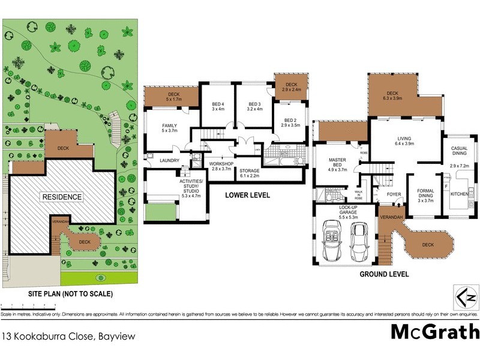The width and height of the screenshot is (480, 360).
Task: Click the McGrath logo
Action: click(435, 331)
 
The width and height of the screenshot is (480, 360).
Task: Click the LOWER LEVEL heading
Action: click(247, 195)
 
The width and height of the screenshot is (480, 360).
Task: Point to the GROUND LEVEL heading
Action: click(384, 274)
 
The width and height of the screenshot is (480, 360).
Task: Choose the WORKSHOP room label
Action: click(220, 166)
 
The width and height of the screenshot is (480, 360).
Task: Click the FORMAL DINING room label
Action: click(425, 194)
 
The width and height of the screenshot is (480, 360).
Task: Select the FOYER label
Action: click(393, 194)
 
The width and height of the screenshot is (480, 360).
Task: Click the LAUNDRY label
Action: click(169, 160)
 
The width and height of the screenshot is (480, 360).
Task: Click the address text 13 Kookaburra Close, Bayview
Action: click(68, 337)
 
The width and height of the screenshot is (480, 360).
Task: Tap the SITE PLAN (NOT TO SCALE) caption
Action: click(71, 294)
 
